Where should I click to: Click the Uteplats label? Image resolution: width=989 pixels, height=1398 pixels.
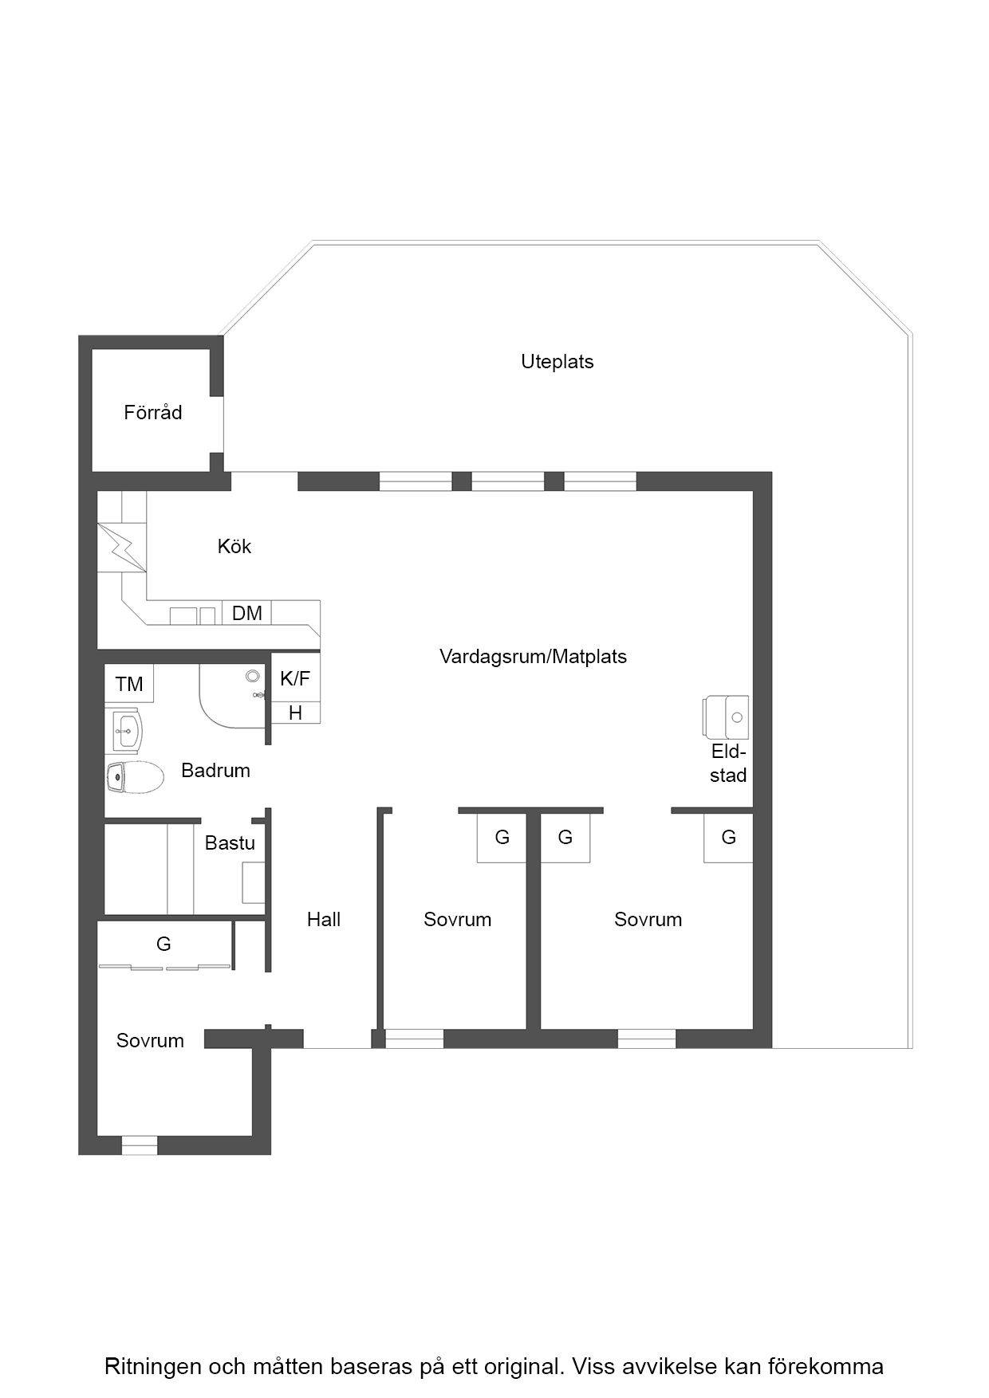point(557,362)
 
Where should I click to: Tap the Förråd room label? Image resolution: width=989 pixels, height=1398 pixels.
point(153,412)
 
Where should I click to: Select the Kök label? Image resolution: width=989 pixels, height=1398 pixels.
point(234,546)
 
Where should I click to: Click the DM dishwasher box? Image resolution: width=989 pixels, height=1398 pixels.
point(247,612)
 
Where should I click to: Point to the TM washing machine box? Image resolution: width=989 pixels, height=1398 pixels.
point(129,684)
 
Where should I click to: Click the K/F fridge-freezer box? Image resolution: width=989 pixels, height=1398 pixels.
point(295,678)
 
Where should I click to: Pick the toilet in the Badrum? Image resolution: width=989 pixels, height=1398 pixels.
point(134,777)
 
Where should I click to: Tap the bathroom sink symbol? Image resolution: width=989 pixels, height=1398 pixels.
point(125,730)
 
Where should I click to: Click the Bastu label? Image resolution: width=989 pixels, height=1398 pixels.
point(230,842)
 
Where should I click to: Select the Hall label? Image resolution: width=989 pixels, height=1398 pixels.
point(324,919)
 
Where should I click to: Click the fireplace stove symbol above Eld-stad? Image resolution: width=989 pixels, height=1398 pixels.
point(727,717)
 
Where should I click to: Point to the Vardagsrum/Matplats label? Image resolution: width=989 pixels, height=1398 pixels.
point(533,657)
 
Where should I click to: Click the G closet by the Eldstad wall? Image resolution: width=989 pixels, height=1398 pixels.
point(728,838)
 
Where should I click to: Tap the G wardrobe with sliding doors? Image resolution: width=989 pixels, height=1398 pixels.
point(164,944)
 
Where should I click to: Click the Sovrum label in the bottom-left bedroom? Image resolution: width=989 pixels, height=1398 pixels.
point(150,1040)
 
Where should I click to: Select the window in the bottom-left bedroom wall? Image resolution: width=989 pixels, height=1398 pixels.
point(140,1145)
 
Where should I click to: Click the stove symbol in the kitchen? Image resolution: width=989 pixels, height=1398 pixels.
point(123,547)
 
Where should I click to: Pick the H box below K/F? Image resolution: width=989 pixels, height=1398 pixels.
point(296,713)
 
